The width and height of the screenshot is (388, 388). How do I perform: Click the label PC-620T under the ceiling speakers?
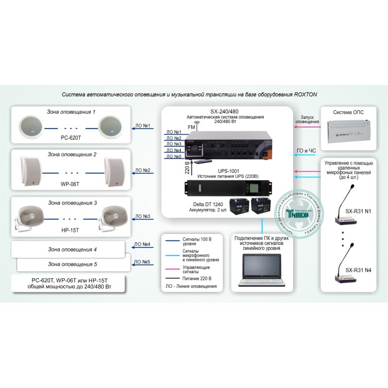click(x=72, y=137)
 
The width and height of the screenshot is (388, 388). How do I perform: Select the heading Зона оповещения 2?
click(x=72, y=154)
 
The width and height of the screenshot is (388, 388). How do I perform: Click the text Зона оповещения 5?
click(x=72, y=264)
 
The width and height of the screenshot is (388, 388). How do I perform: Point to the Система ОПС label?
click(x=349, y=113)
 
